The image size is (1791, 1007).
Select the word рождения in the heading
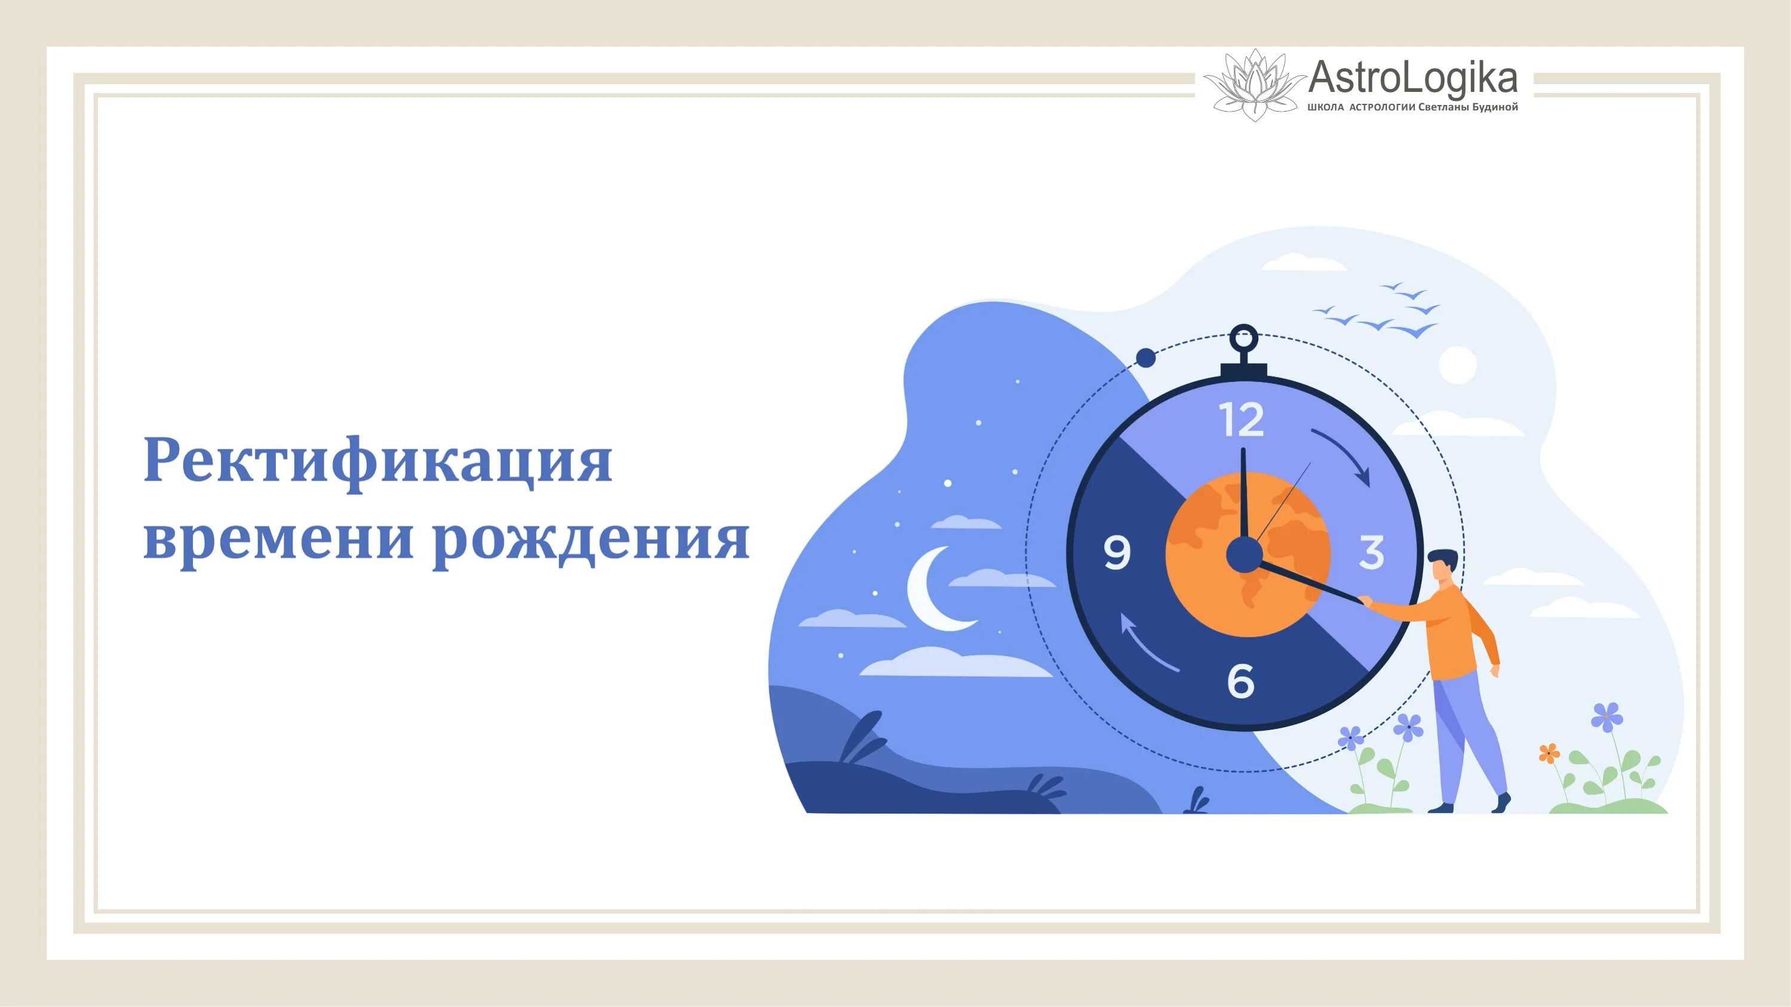(x=592, y=541)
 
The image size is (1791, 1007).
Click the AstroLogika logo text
(x=1412, y=79)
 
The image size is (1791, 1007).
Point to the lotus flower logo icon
(x=1254, y=85)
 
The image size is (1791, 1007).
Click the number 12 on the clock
(x=1242, y=420)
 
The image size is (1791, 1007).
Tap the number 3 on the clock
(x=1371, y=553)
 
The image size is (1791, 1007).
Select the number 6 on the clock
(x=1241, y=680)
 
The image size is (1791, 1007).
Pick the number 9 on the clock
(x=1117, y=553)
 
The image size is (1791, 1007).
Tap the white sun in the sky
(x=1457, y=365)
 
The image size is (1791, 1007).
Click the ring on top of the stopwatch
(x=1243, y=340)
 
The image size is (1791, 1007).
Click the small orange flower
(x=1549, y=753)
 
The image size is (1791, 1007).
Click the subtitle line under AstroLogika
(x=1413, y=107)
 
